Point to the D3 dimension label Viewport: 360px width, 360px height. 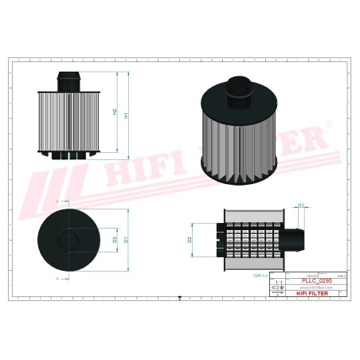pos(115,238)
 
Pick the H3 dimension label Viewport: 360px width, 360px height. pos(301,206)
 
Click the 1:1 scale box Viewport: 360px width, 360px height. pos(277,283)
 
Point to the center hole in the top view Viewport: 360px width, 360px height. pos(69,238)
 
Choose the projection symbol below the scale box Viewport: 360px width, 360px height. pos(277,293)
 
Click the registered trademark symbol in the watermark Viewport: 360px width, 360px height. pos(330,123)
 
